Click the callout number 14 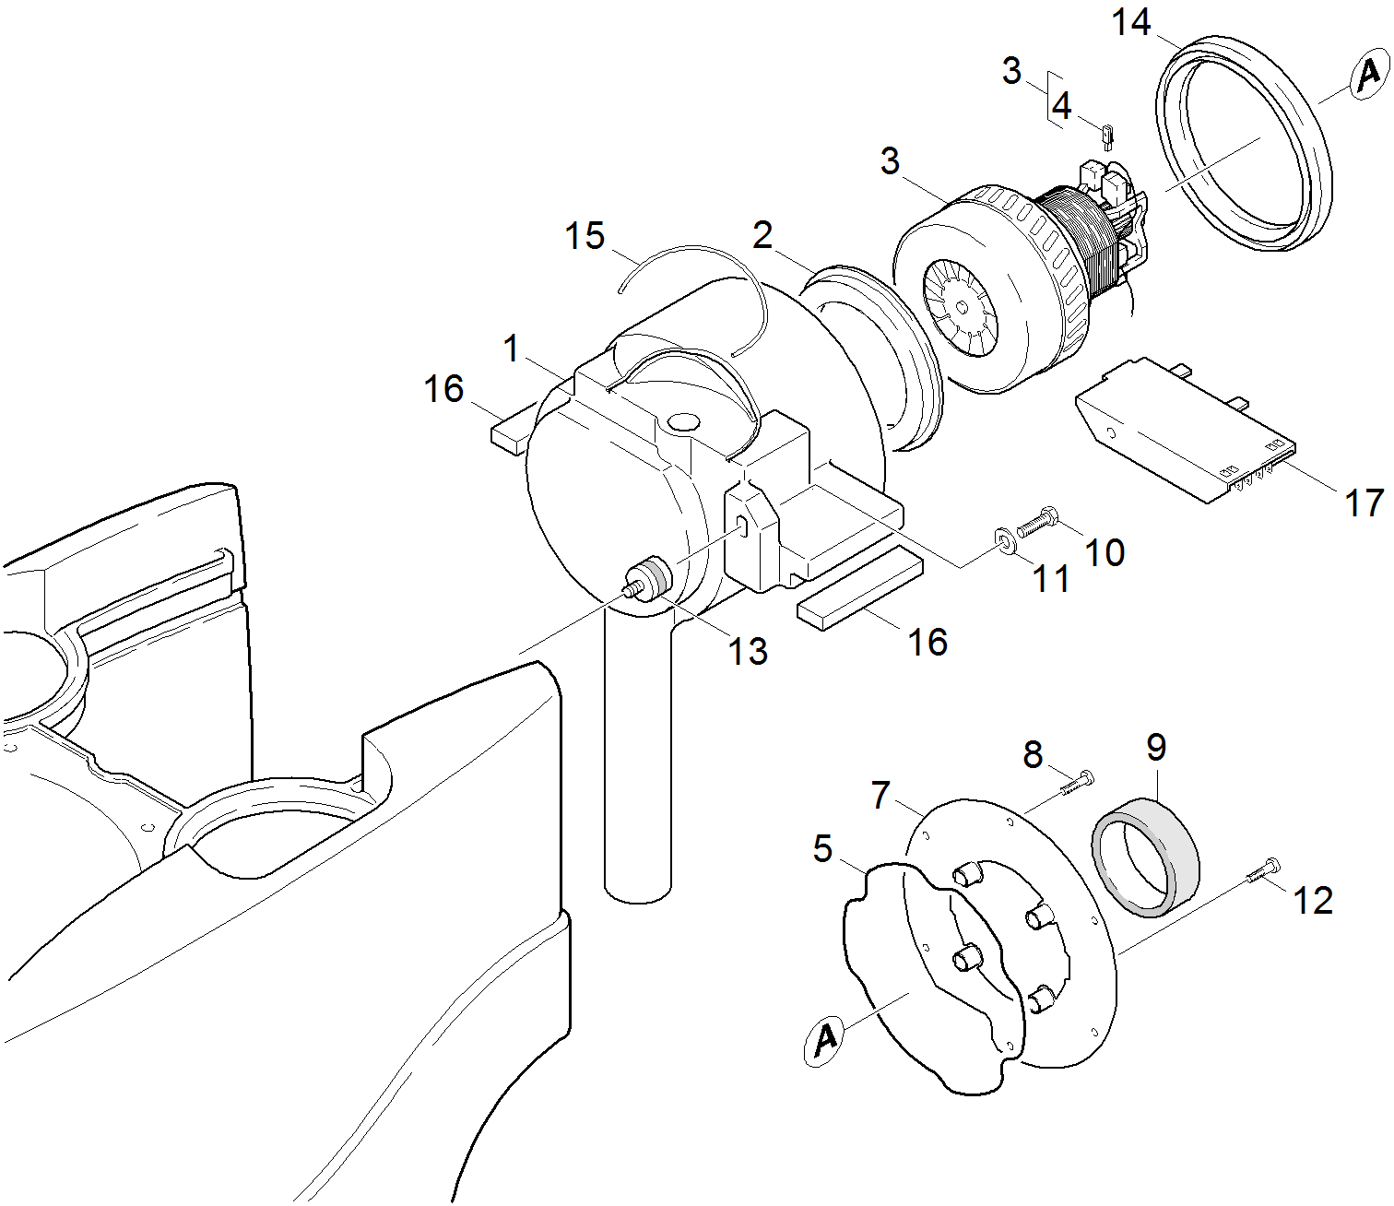click(1131, 22)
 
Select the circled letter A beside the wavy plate click(825, 1040)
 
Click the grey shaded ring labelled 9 click(1145, 857)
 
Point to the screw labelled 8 click(1076, 783)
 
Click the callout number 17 click(1364, 502)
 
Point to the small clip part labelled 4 click(1108, 135)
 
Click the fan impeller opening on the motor click(961, 307)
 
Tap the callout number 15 click(585, 236)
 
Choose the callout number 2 click(762, 236)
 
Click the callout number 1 click(512, 349)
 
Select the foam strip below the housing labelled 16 click(859, 586)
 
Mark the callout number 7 click(881, 794)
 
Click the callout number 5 click(822, 848)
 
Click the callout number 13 click(748, 652)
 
